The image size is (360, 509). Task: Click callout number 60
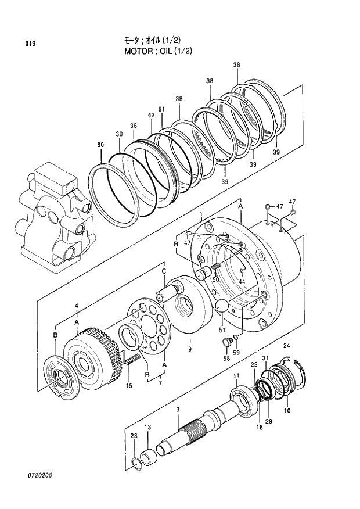(100, 145)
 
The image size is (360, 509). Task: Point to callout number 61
(161, 109)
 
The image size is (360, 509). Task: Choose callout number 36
(133, 126)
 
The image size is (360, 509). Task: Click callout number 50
(215, 280)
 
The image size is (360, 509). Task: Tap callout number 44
(242, 281)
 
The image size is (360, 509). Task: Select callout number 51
(221, 331)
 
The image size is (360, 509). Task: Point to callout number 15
(129, 385)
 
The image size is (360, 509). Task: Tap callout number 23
(134, 436)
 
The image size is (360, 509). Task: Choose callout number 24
(286, 346)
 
